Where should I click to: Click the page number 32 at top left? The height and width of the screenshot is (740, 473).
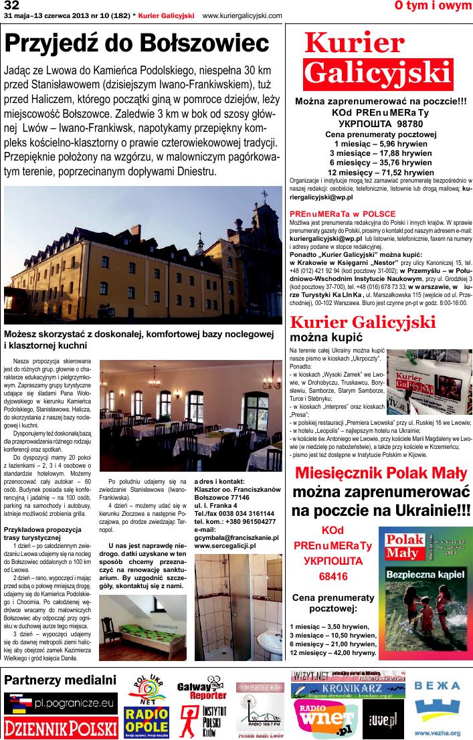11,6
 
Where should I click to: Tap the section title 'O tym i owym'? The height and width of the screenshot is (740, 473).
433,6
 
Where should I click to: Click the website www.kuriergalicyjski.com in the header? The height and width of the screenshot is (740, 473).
242,15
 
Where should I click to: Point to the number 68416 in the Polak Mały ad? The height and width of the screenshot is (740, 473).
322,575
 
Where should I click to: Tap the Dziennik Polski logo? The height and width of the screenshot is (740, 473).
61,727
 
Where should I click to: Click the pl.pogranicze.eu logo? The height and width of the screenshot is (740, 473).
61,703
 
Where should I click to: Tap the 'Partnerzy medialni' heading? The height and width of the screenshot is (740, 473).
60,680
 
